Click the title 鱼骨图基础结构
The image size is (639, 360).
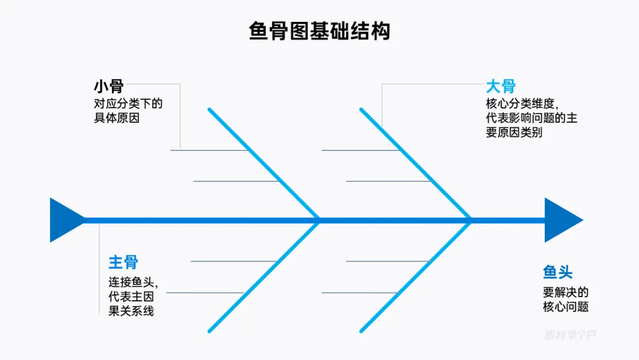(319, 31)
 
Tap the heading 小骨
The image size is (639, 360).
(108, 86)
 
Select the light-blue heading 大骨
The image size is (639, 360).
(501, 86)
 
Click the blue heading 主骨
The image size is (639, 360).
(123, 262)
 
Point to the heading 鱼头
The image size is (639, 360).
(558, 272)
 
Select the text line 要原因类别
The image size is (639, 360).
(514, 133)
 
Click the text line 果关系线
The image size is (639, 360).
(131, 311)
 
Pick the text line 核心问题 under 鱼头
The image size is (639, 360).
(566, 307)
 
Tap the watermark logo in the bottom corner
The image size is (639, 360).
(570, 335)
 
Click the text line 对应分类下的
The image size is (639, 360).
(128, 104)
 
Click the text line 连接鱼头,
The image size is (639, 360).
(133, 281)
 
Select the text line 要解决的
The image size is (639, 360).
(566, 292)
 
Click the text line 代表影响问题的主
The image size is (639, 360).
(531, 118)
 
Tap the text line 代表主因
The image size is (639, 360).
(131, 296)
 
